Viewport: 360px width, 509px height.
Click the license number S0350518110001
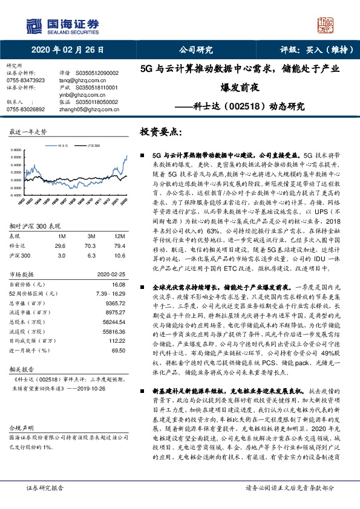(x=99, y=87)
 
